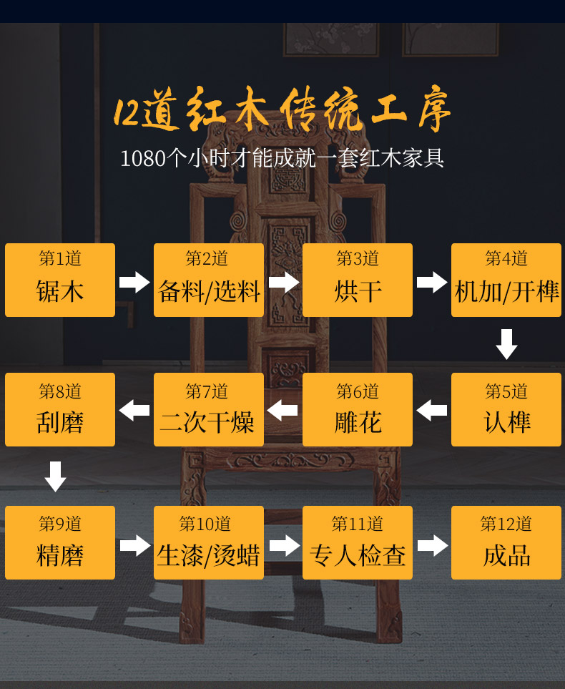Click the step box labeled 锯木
[60, 280]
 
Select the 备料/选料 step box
[209, 280]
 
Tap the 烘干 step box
[358, 280]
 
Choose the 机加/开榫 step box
[506, 280]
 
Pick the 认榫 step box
[506, 410]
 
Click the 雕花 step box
[358, 410]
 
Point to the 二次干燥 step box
[209, 410]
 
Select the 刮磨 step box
[60, 410]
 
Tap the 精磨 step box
[60, 542]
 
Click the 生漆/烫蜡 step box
[209, 542]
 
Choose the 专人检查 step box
[358, 542]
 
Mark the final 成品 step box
[506, 542]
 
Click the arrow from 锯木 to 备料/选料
[134, 282]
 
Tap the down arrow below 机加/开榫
[506, 344]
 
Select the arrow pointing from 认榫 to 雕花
[432, 411]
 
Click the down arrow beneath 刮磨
[55, 477]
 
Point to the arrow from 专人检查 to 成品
[432, 545]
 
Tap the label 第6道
[358, 391]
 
